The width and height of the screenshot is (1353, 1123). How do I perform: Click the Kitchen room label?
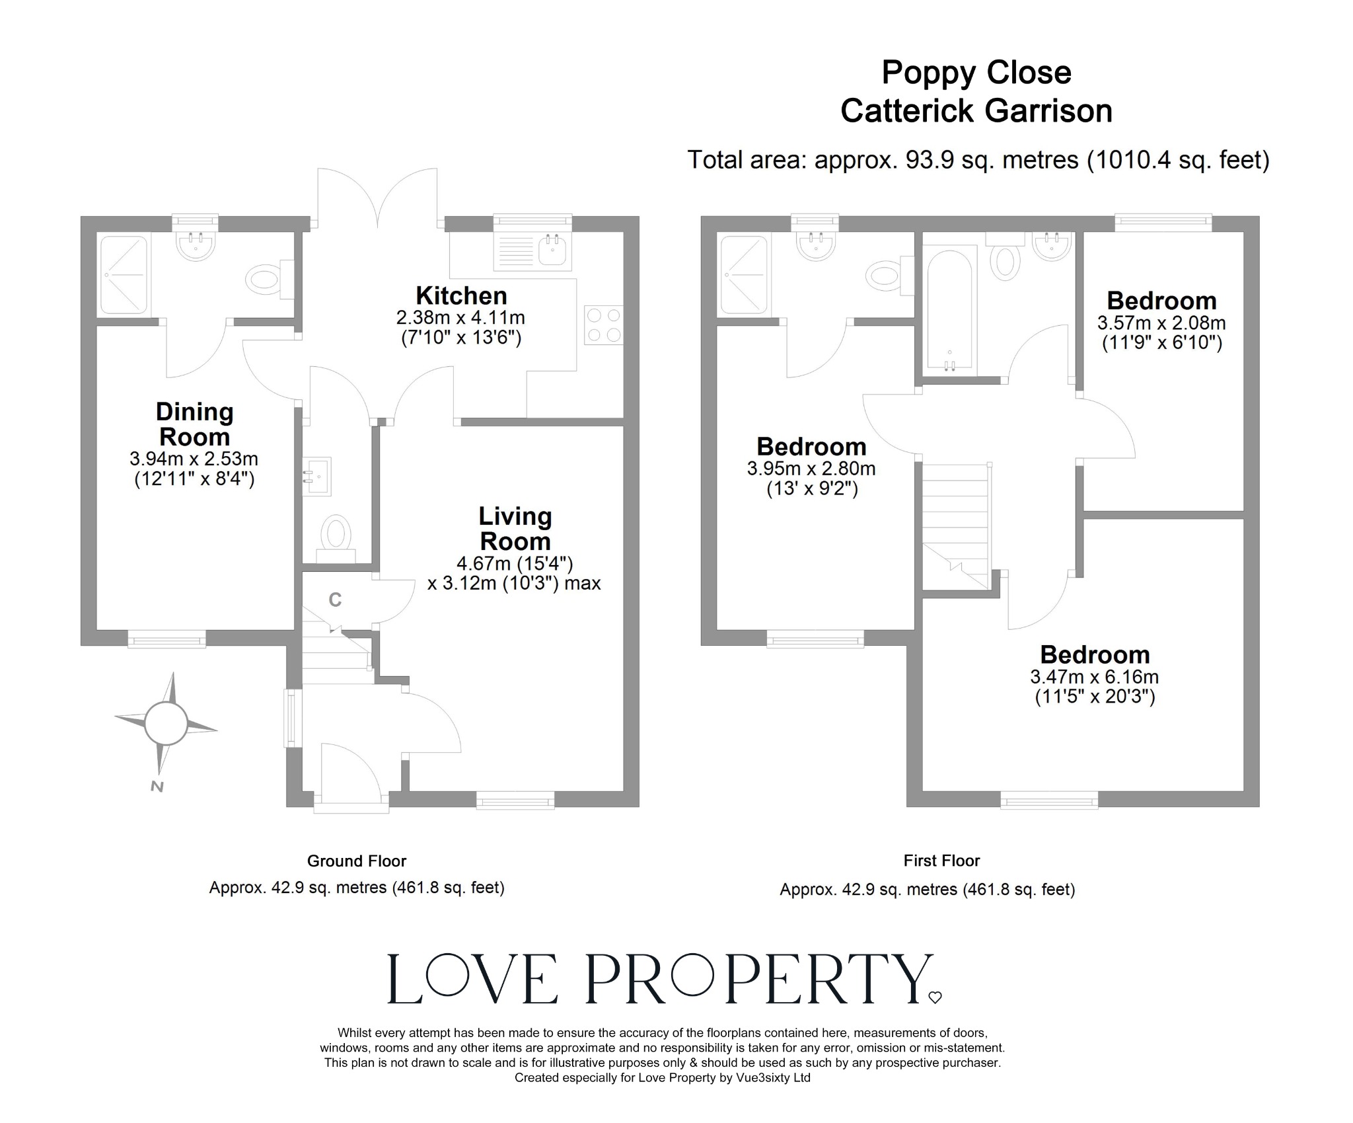461,295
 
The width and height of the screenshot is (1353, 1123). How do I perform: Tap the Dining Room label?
194,424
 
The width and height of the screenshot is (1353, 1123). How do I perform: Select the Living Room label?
515,529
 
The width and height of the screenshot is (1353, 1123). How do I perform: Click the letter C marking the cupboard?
335,600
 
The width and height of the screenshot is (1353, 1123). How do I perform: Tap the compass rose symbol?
166,723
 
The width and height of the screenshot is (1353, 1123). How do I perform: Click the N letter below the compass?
157,787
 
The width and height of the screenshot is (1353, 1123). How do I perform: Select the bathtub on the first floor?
949,309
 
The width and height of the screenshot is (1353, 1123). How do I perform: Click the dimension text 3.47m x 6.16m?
1094,677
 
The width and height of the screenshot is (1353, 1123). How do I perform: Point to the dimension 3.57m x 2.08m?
1161,323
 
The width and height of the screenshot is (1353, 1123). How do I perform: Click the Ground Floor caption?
356,861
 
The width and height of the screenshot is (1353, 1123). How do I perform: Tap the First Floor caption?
941,861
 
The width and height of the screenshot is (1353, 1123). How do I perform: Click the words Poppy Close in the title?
976,73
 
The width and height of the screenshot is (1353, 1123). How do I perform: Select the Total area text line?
978,160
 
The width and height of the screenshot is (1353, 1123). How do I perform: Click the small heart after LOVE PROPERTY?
935,998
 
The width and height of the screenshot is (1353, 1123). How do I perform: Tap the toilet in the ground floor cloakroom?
336,533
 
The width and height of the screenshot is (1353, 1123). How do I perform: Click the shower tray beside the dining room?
123,274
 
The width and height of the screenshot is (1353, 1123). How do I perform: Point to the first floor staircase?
955,525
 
